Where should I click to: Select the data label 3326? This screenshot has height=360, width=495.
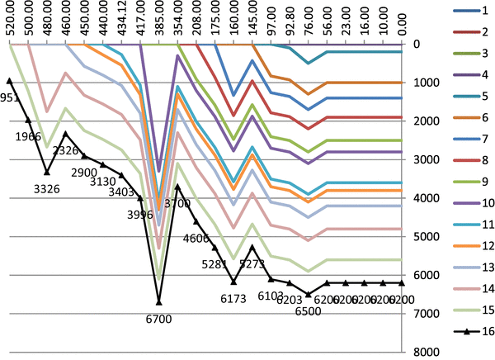click(x=46, y=189)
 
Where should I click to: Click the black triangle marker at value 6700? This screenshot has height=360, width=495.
click(x=159, y=302)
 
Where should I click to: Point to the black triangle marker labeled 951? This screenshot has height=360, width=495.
click(x=10, y=81)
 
